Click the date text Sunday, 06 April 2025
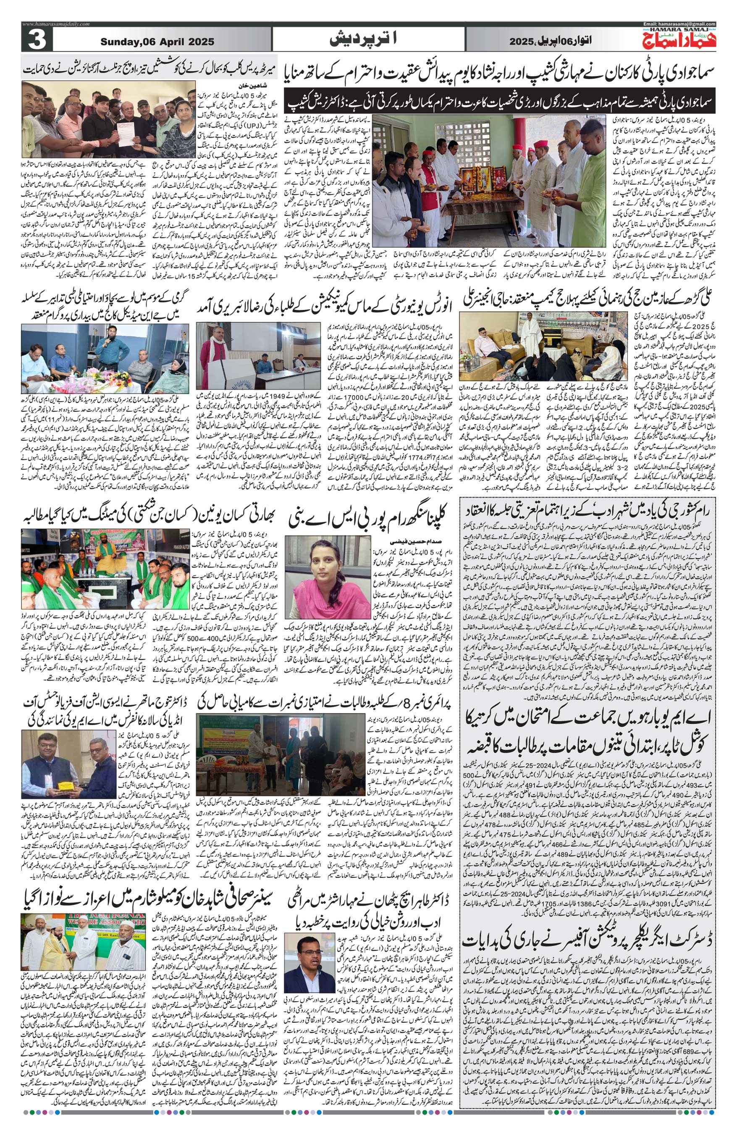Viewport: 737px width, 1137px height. (x=153, y=42)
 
